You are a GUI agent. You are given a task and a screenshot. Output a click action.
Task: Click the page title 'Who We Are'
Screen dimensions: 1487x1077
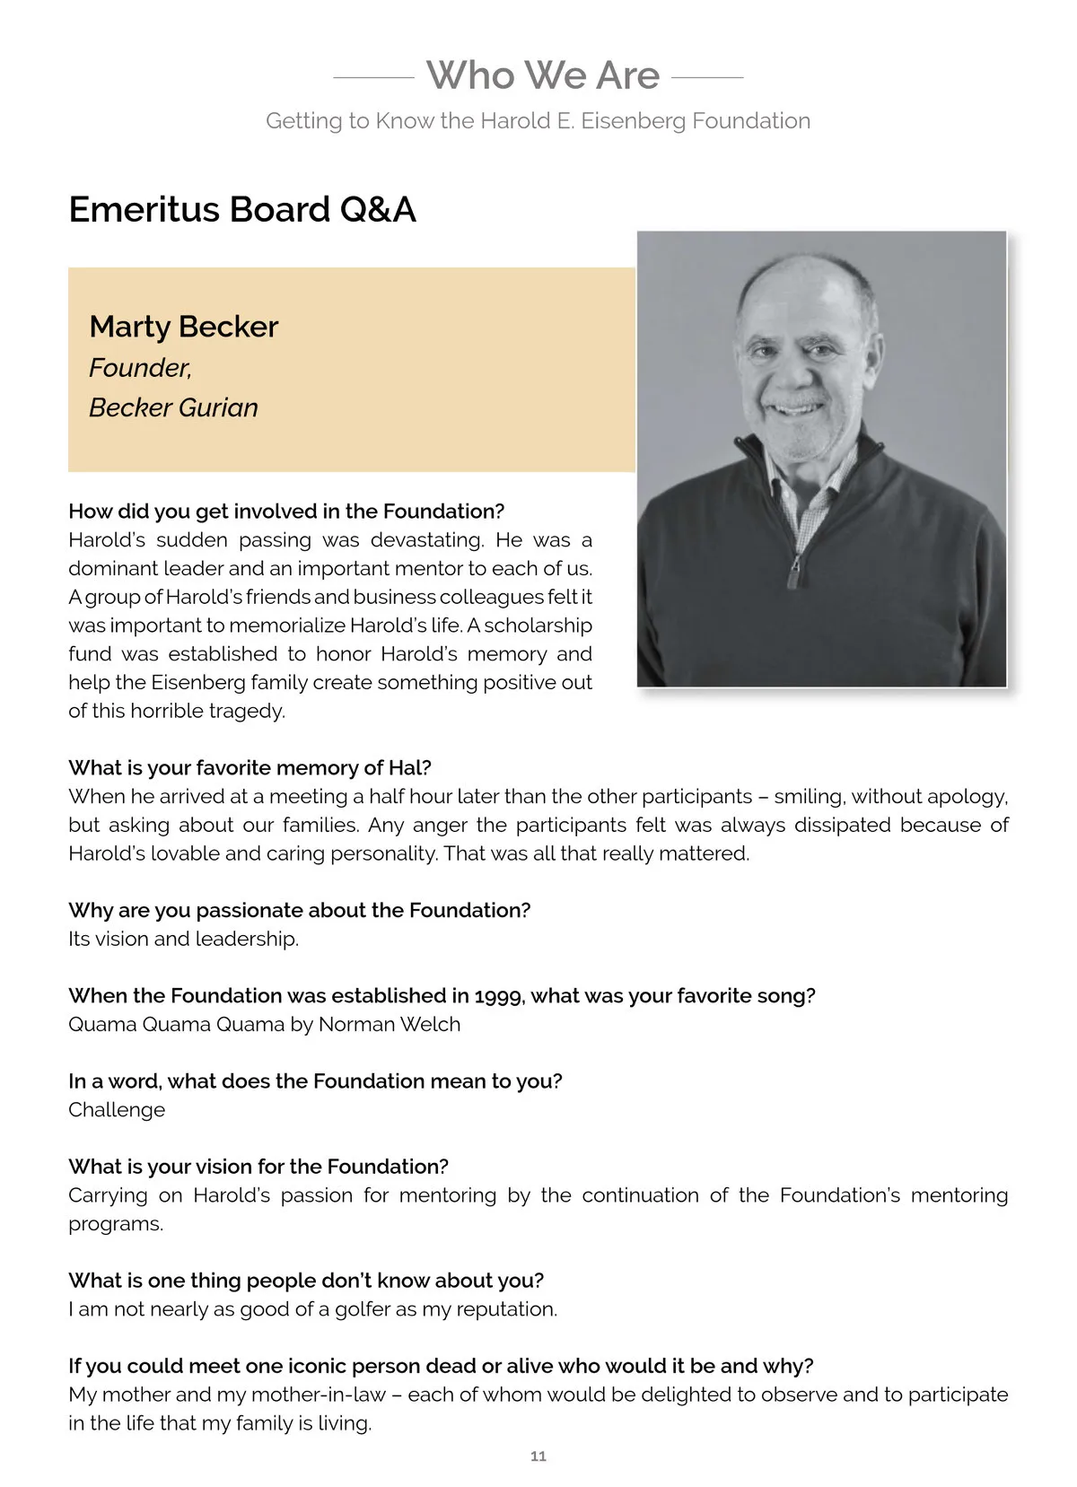coord(542,75)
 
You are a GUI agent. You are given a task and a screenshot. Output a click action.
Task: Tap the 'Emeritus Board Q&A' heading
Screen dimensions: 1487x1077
coord(242,210)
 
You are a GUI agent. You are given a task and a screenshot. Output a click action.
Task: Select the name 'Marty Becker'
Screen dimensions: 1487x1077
coord(184,327)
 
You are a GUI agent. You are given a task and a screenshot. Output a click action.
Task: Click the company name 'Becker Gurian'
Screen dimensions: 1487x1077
coord(173,407)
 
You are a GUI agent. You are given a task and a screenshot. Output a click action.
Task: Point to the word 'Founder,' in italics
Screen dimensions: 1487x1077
coord(140,368)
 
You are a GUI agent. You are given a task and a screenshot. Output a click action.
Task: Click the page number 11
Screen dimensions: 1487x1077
coord(538,1456)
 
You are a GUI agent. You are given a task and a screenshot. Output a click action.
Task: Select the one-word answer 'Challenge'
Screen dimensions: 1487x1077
coord(117,1110)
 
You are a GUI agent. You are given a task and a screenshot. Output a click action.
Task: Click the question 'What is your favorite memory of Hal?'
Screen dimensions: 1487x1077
coord(250,768)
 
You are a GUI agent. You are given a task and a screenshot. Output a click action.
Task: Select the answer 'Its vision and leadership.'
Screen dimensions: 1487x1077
coord(183,940)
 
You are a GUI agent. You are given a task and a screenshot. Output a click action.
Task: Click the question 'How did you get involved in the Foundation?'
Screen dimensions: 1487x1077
coord(286,512)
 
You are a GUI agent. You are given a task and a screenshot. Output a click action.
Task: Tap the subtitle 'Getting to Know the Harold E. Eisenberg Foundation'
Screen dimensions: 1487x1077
coord(538,121)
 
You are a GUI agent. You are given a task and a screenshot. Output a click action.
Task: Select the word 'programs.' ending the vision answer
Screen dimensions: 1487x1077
coord(116,1224)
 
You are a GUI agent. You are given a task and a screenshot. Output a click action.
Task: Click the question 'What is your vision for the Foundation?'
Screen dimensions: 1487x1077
coord(258,1167)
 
